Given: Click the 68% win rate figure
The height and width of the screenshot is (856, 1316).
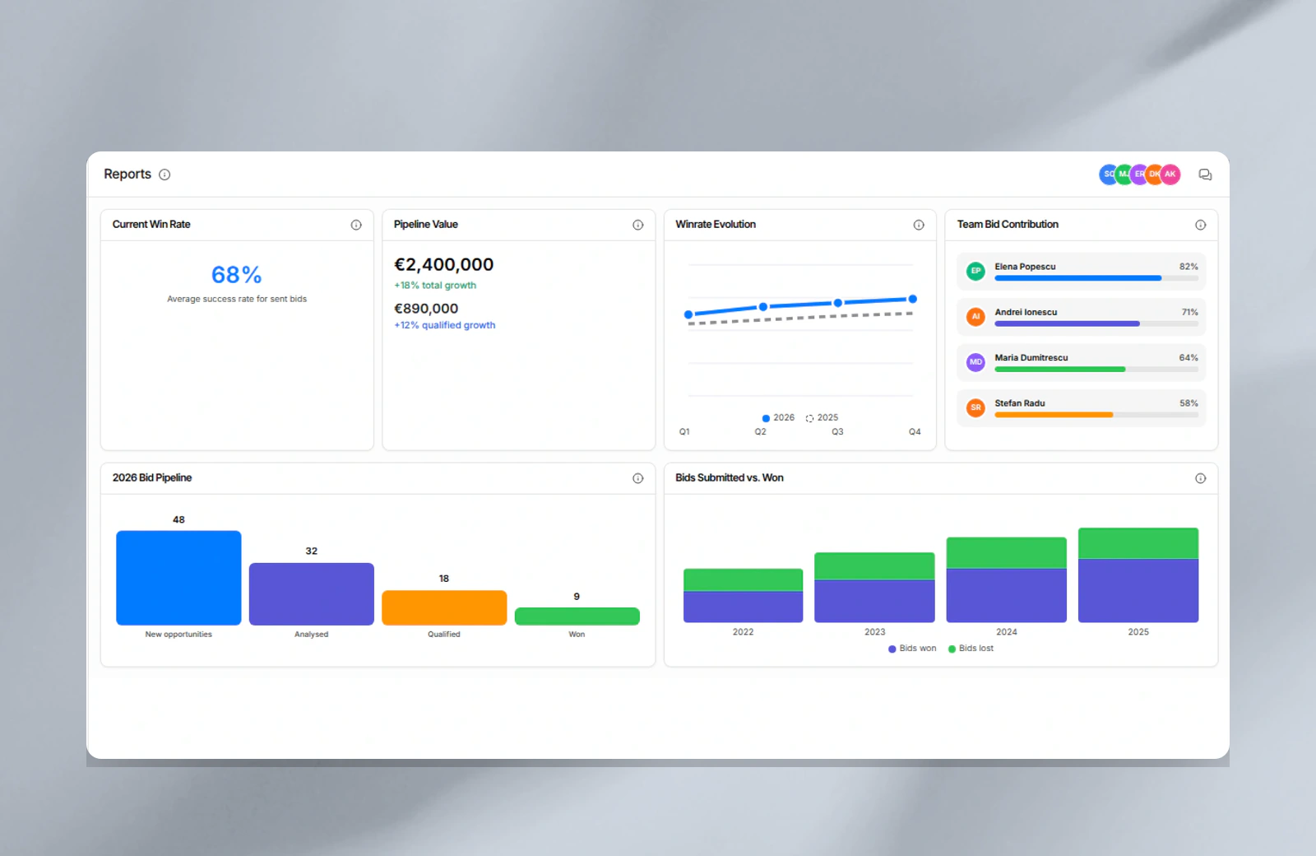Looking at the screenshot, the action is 236,275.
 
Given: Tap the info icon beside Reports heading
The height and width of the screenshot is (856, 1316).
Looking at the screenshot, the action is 164,174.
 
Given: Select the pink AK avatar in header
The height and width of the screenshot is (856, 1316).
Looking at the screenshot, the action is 1170,174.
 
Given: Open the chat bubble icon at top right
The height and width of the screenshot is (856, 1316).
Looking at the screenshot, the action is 1205,174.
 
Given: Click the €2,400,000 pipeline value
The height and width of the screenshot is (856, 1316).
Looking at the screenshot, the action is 443,264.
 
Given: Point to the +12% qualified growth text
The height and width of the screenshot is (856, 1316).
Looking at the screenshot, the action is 445,325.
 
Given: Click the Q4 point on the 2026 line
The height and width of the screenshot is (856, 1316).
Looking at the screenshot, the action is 912,300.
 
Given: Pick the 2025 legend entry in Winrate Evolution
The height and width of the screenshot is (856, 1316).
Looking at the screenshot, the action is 822,417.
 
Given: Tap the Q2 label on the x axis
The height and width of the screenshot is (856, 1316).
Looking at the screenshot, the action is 760,431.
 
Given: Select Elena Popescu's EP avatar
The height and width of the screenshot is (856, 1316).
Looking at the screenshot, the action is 975,271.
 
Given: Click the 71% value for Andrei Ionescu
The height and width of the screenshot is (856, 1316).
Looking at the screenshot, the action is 1189,312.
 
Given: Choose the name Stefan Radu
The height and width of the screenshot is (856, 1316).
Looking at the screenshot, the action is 1019,403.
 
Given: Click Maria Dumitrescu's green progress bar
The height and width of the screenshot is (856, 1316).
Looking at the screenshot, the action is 1060,370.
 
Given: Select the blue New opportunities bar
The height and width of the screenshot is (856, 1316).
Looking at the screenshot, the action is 178,578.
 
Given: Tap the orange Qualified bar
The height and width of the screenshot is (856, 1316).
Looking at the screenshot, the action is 444,608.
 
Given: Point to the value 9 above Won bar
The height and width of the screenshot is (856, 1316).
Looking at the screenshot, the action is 577,597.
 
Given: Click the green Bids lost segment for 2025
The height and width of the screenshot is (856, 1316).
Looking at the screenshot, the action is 1138,543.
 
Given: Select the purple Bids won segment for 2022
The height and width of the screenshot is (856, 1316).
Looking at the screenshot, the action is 744,607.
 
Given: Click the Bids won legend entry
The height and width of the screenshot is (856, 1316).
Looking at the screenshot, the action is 912,649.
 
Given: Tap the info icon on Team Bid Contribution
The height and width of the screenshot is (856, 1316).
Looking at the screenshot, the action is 1200,225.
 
